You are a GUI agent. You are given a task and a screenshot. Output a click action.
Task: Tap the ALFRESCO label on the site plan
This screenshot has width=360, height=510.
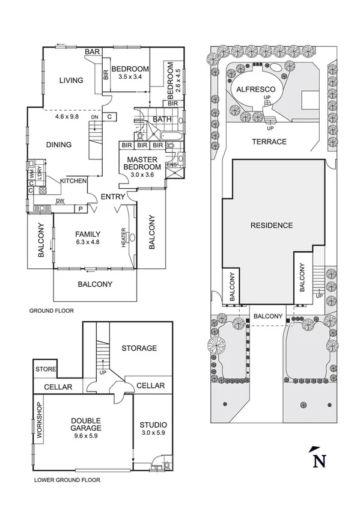tap(252, 88)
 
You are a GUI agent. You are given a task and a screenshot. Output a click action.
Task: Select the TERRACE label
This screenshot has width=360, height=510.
tap(270, 142)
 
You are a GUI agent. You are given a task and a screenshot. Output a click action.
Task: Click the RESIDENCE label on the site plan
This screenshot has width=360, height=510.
tap(272, 226)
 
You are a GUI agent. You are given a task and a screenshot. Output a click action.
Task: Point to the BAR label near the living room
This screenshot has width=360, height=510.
tap(91, 52)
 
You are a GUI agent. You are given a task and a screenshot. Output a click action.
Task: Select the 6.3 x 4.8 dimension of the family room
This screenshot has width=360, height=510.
tap(87, 243)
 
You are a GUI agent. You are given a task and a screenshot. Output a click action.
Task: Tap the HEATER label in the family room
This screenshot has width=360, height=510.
tap(123, 238)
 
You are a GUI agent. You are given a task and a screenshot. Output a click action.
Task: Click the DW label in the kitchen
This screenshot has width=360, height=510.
tap(60, 201)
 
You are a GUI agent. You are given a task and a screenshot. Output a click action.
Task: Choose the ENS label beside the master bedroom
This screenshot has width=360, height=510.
tap(171, 165)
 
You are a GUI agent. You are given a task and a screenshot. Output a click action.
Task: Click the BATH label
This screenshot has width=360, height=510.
tap(162, 119)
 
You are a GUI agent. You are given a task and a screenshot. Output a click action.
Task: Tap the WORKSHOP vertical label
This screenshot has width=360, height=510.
tap(40, 423)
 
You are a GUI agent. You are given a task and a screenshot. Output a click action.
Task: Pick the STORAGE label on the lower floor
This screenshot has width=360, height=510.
tap(139, 348)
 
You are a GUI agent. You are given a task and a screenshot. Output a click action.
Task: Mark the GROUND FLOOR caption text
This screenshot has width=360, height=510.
tap(51, 312)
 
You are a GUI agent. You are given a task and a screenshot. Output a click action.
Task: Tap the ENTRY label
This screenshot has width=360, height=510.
tap(112, 197)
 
